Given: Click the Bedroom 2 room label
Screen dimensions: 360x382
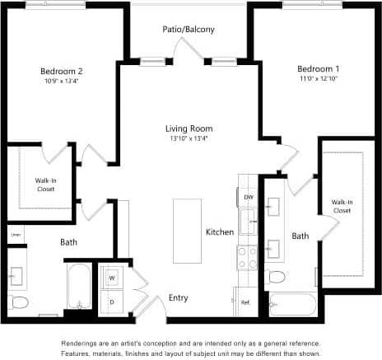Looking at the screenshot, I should [x=62, y=71].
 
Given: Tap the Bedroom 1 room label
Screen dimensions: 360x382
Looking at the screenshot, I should [x=317, y=68].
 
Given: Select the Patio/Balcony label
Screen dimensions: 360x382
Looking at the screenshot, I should [x=189, y=30].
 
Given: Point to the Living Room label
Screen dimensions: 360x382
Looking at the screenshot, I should [x=189, y=129].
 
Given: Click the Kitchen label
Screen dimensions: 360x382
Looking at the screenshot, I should [x=220, y=232].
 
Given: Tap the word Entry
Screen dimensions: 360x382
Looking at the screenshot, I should [x=178, y=297].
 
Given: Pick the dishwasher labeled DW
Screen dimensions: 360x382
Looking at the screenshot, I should [x=248, y=198].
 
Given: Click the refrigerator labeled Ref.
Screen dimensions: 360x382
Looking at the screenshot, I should [x=245, y=302].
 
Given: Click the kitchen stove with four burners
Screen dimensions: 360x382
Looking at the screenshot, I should [x=247, y=258].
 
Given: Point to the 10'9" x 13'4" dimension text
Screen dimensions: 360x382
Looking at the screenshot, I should [x=62, y=82].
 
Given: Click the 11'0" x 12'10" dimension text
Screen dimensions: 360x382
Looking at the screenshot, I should [x=317, y=78].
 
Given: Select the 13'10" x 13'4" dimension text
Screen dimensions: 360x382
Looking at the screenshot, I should [x=189, y=138].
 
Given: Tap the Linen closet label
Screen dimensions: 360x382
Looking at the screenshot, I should [x=15, y=235].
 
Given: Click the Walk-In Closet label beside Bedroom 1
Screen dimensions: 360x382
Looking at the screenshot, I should [x=342, y=206].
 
